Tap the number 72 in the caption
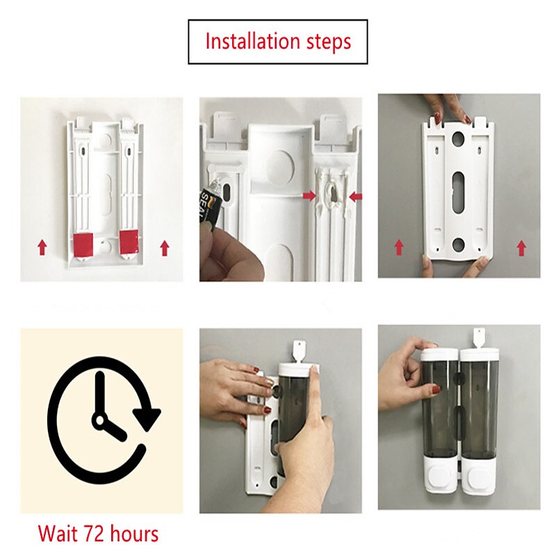pyautogui.click(x=93, y=534)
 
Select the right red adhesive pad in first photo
pyautogui.click(x=129, y=241)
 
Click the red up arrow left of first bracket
pyautogui.click(x=42, y=246)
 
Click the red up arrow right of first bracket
pyautogui.click(x=165, y=247)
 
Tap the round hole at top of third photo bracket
pyautogui.click(x=459, y=138)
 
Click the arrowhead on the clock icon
pyautogui.click(x=147, y=417)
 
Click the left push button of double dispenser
pyautogui.click(x=440, y=479)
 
